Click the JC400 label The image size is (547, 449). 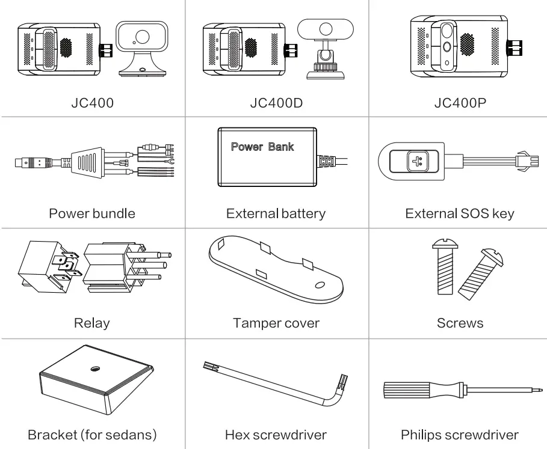(x=92, y=103)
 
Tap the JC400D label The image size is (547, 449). (x=276, y=103)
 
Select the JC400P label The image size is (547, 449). (x=460, y=103)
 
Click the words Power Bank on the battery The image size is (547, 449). (x=262, y=147)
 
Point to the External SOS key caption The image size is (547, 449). (x=460, y=213)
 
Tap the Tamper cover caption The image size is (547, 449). (x=276, y=323)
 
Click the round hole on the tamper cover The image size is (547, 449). (x=321, y=285)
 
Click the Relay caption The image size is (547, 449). (x=91, y=323)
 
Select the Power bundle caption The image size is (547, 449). (x=92, y=213)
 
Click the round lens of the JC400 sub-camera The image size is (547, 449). (x=142, y=37)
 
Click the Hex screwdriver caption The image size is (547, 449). (x=276, y=435)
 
